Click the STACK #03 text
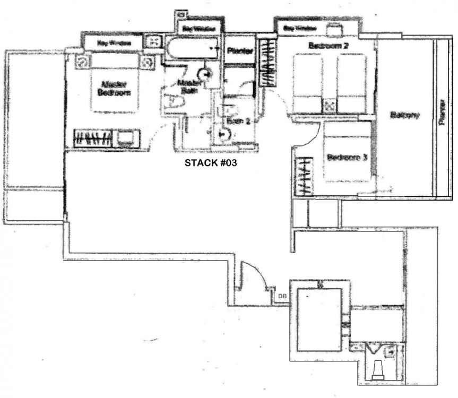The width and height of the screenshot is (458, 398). [x=210, y=163]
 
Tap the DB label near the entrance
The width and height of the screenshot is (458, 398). [x=282, y=296]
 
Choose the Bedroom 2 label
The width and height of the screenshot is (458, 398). [x=328, y=46]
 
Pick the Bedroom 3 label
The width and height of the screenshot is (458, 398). [x=344, y=158]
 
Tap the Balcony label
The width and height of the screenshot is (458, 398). [x=405, y=115]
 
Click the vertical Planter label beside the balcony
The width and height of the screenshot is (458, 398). [x=442, y=114]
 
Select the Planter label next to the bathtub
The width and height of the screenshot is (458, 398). [x=238, y=51]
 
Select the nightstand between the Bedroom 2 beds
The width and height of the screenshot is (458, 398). [x=330, y=106]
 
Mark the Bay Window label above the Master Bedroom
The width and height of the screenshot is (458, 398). [x=112, y=42]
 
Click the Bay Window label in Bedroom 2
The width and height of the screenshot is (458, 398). [x=300, y=28]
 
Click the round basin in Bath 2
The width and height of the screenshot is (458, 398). [x=221, y=134]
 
